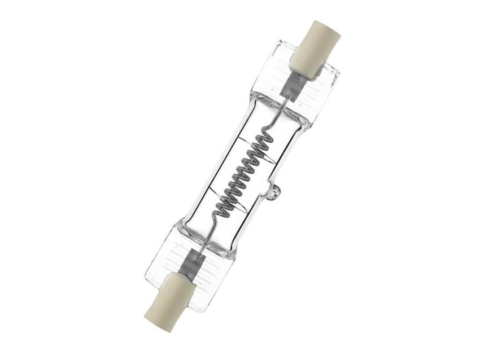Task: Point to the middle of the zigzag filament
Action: point(241,173)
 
